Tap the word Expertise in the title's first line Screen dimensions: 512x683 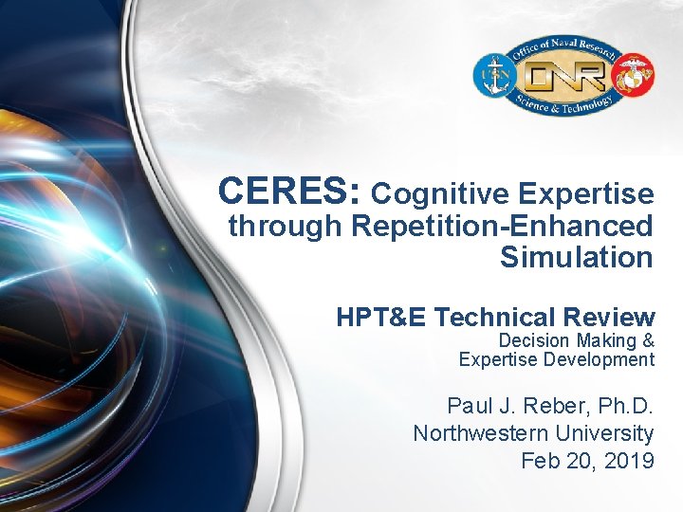click(586, 195)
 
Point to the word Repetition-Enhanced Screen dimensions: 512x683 click(502, 228)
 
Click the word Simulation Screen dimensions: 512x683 click(577, 257)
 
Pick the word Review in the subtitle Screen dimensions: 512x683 click(613, 318)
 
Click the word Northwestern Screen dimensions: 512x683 click(482, 434)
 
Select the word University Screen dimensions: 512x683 click(607, 434)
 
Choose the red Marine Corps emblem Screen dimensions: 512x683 click(633, 77)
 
